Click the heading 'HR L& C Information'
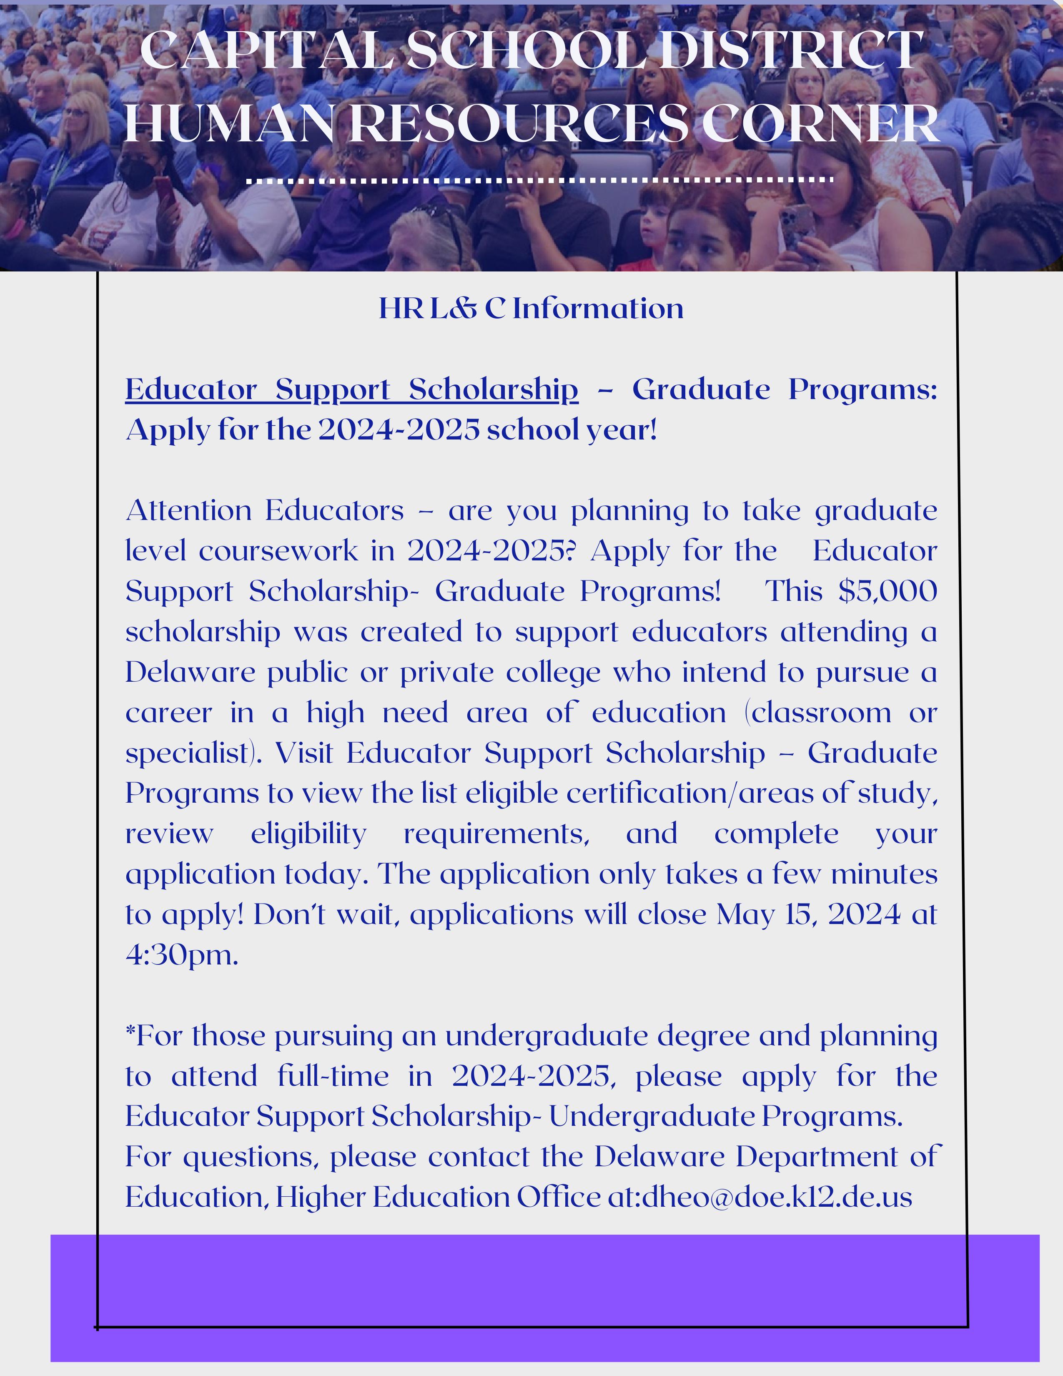click(x=531, y=309)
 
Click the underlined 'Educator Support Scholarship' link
click(x=351, y=389)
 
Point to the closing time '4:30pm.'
click(x=182, y=955)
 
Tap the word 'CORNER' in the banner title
click(x=825, y=123)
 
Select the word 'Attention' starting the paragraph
click(x=189, y=510)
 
